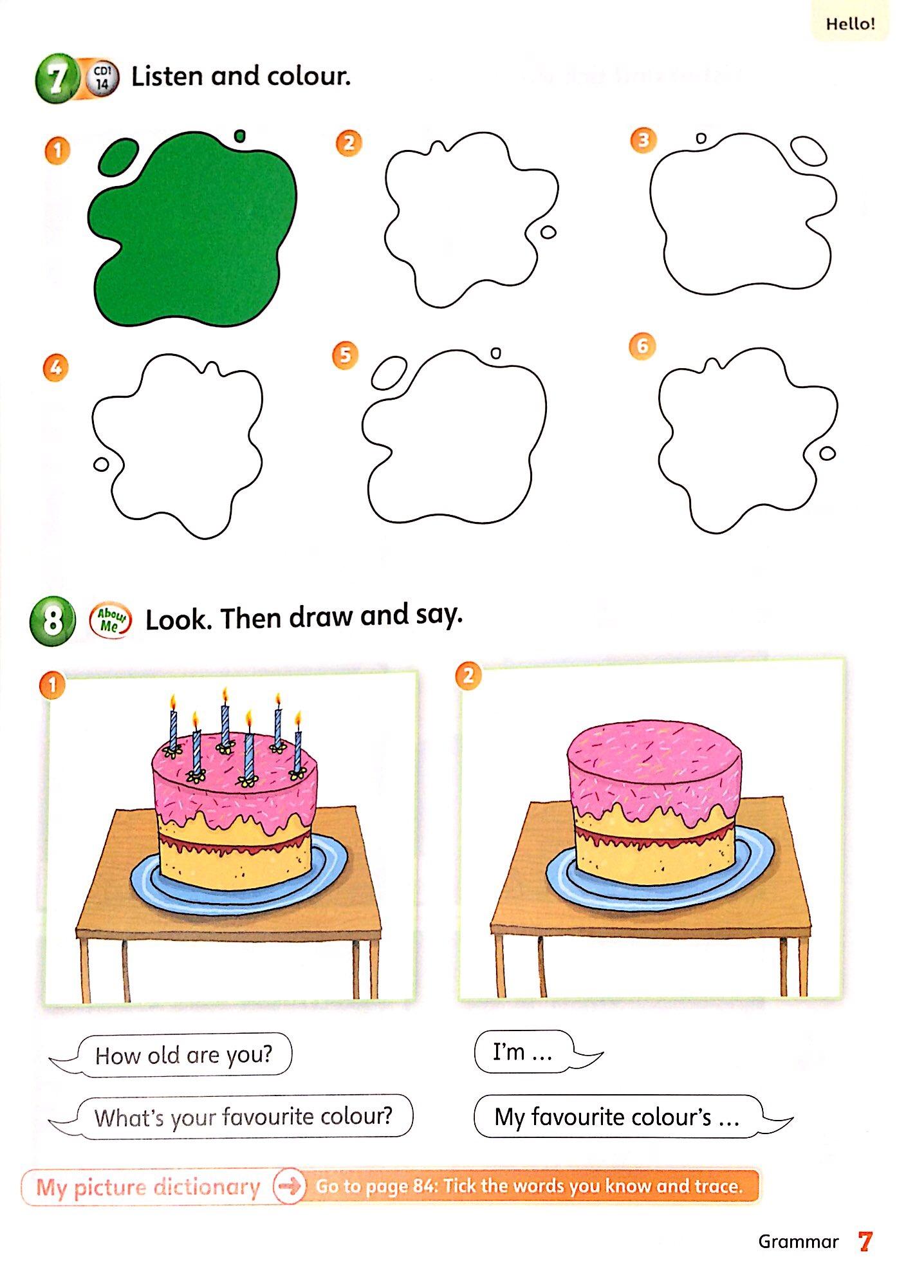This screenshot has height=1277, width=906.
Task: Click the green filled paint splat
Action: pos(193,232)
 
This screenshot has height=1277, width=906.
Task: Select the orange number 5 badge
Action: pos(346,355)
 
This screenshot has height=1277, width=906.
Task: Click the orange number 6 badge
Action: pos(642,346)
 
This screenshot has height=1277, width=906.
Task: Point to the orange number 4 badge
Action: pos(55,368)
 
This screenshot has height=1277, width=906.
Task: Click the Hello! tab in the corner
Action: pos(850,24)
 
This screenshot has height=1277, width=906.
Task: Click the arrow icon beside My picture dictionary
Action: pos(289,1186)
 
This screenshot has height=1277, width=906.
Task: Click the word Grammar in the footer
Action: pos(799,1242)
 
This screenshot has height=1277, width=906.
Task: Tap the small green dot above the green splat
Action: pos(240,136)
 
